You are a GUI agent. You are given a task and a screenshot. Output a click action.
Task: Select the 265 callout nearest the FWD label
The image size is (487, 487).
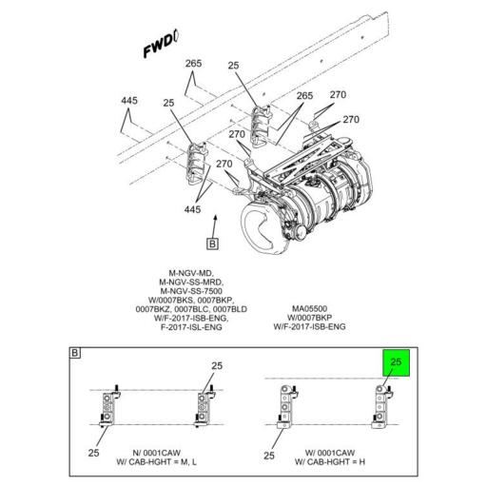194,65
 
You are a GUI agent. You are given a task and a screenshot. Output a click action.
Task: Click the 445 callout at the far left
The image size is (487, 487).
129,101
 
